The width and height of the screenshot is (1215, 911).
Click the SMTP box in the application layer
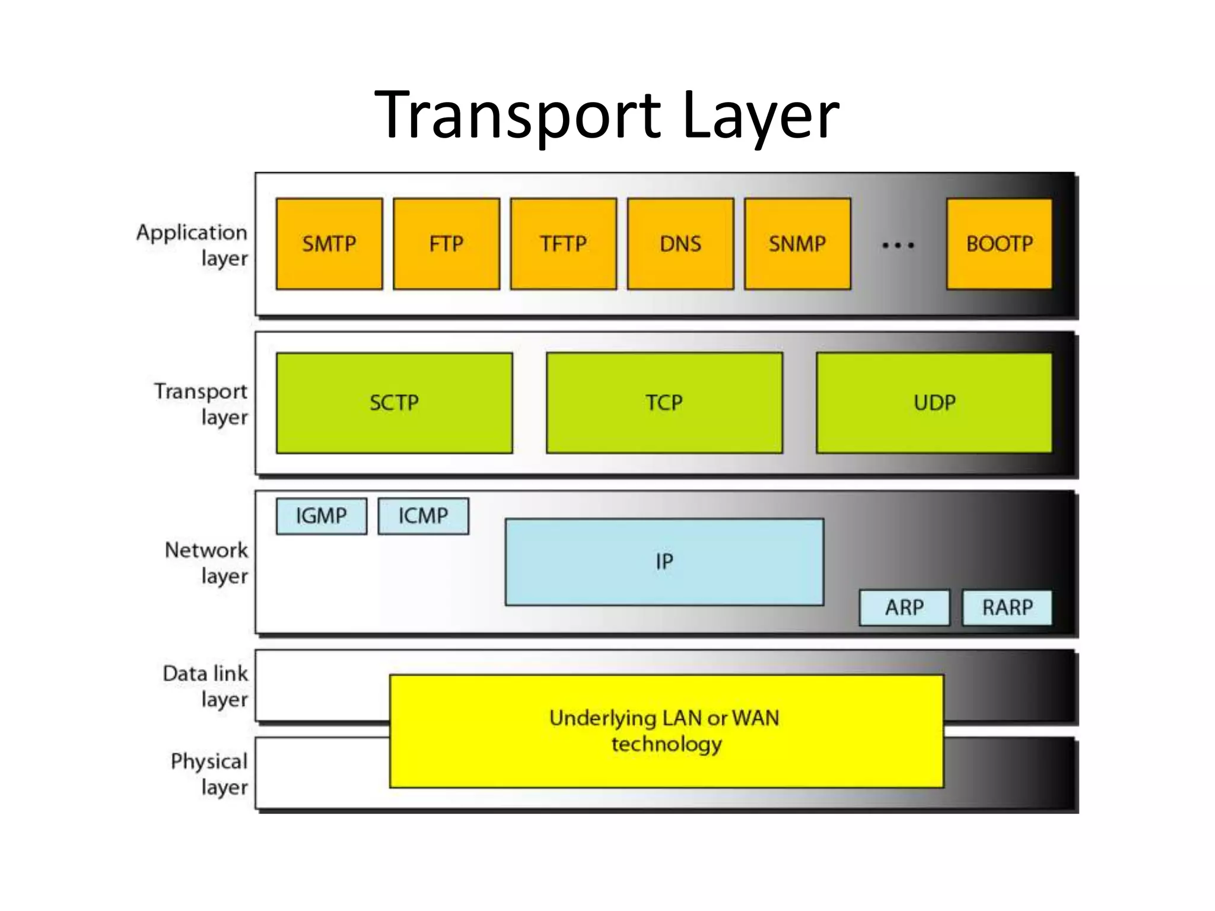(x=329, y=244)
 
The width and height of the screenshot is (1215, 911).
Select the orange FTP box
(x=446, y=244)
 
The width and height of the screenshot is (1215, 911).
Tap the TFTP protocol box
(x=563, y=244)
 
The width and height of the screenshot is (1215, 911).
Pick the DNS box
(x=680, y=244)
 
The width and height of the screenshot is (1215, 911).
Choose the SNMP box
(x=797, y=244)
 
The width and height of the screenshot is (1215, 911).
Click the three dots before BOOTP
(x=898, y=245)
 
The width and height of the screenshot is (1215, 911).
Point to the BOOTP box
(x=999, y=244)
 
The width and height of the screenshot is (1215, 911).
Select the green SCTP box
(x=394, y=403)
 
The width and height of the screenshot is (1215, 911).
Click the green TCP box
(x=664, y=403)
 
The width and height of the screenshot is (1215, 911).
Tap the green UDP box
(x=934, y=403)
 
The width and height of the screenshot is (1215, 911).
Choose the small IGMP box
(x=321, y=516)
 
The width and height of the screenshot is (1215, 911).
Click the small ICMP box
(x=423, y=516)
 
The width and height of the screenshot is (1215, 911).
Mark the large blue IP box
(x=664, y=562)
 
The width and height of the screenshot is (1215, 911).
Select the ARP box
(x=904, y=607)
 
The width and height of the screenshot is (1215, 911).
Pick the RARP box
(x=1007, y=607)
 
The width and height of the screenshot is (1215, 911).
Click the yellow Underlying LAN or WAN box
(x=666, y=731)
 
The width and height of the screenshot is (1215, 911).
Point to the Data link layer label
(x=206, y=686)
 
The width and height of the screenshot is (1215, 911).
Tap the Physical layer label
(x=209, y=774)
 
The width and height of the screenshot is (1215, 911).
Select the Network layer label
(x=206, y=563)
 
